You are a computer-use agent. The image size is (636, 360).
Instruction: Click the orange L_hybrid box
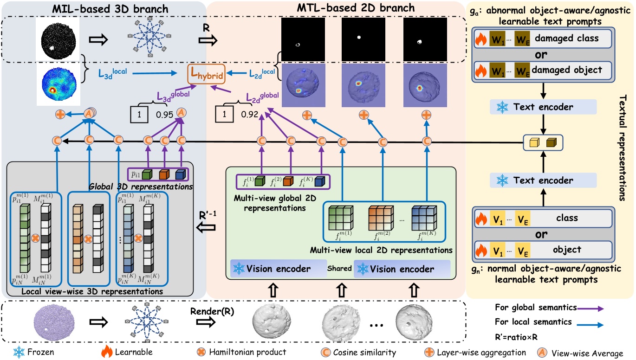click(x=206, y=74)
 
